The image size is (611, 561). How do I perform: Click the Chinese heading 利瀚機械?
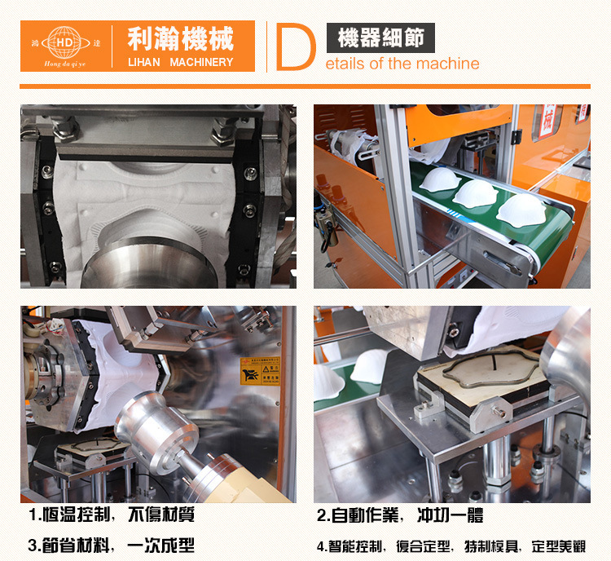pos(180,38)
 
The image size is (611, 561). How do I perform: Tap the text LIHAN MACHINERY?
pos(180,62)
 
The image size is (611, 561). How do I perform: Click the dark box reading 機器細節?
pos(380,38)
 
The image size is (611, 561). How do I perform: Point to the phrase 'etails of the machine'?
pos(404,64)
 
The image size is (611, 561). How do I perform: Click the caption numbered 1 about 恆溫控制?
pos(112,515)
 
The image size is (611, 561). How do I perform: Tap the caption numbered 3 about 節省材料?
pos(112,546)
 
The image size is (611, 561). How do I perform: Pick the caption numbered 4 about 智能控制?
pos(451,546)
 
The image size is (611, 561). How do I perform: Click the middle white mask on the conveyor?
pos(476,192)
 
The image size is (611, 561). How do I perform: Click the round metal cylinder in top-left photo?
pos(130,264)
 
